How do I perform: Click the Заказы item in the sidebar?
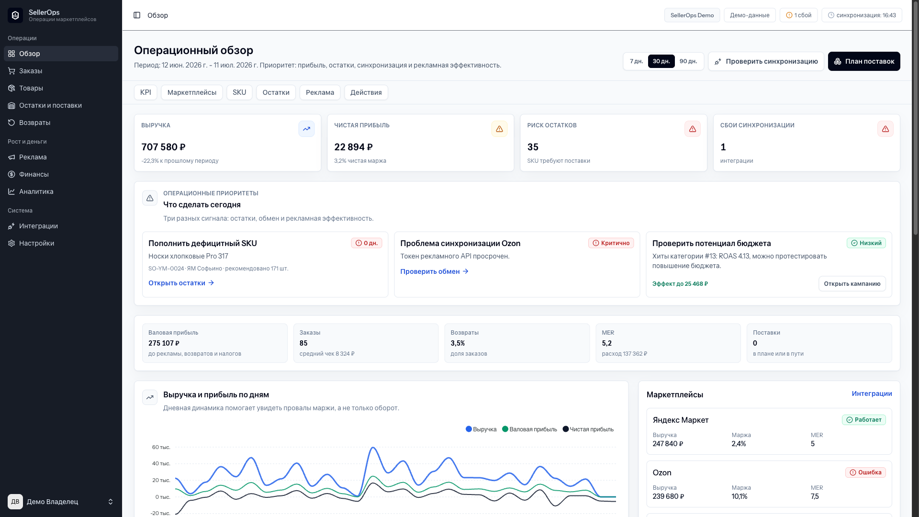pyautogui.click(x=31, y=71)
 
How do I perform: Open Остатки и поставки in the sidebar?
pyautogui.click(x=50, y=105)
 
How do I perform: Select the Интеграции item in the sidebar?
pyautogui.click(x=38, y=226)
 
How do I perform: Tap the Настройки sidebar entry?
pyautogui.click(x=36, y=243)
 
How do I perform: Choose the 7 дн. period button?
pyautogui.click(x=636, y=61)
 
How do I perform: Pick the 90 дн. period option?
pyautogui.click(x=688, y=61)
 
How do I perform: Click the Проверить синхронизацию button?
pyautogui.click(x=766, y=61)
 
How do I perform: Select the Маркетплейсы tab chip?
pyautogui.click(x=192, y=92)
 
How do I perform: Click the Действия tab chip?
pyautogui.click(x=366, y=92)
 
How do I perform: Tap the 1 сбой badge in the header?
pyautogui.click(x=798, y=15)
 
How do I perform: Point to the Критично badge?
pyautogui.click(x=611, y=243)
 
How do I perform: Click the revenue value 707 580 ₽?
pyautogui.click(x=163, y=147)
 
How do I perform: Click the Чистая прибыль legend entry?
pyautogui.click(x=588, y=429)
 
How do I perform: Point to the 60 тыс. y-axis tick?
pyautogui.click(x=161, y=447)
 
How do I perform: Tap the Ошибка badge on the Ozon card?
pyautogui.click(x=865, y=472)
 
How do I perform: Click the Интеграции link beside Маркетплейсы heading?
pyautogui.click(x=872, y=393)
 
